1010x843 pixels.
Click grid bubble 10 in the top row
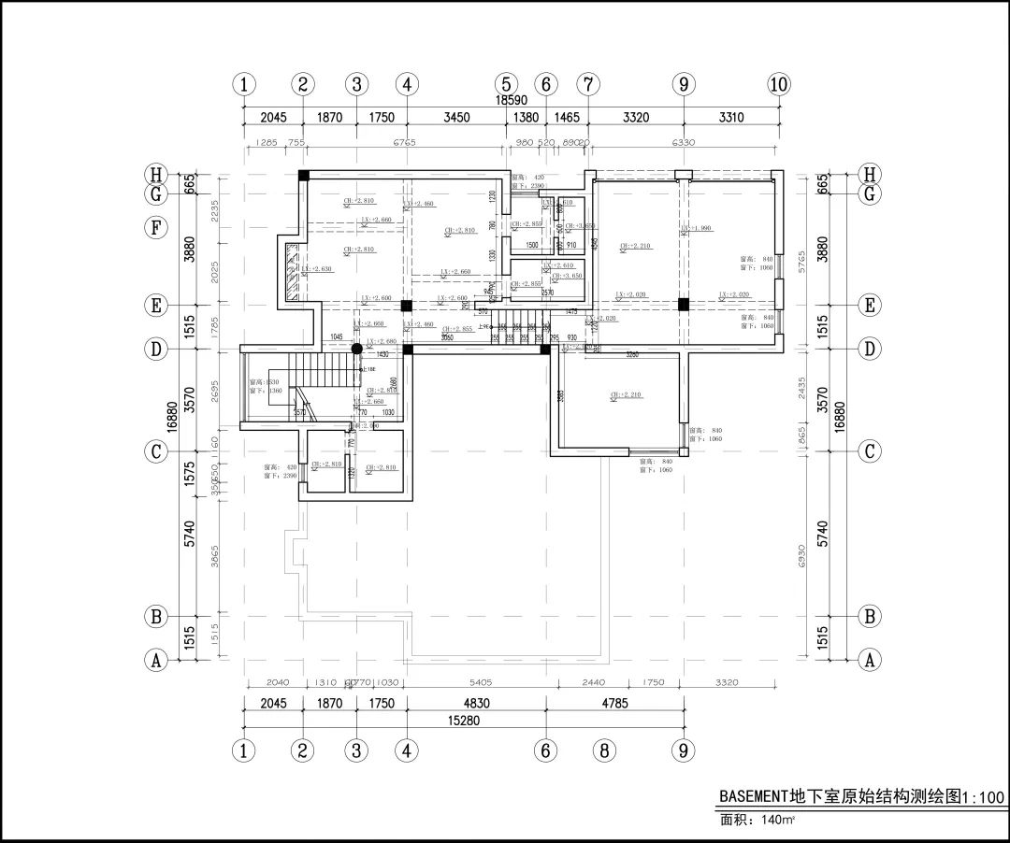pyautogui.click(x=778, y=84)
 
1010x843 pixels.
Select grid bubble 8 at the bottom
pyautogui.click(x=604, y=750)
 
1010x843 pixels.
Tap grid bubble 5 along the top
pyautogui.click(x=505, y=84)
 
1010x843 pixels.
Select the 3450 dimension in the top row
pyautogui.click(x=456, y=118)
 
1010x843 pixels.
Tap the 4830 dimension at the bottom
pyautogui.click(x=477, y=704)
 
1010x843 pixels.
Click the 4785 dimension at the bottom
pyautogui.click(x=614, y=704)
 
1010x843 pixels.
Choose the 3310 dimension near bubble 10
pyautogui.click(x=731, y=118)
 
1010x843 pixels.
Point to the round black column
pyautogui.click(x=356, y=349)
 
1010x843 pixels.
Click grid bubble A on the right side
pyautogui.click(x=870, y=660)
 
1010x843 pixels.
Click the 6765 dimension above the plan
pyautogui.click(x=404, y=143)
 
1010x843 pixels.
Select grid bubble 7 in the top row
pyautogui.click(x=587, y=84)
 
